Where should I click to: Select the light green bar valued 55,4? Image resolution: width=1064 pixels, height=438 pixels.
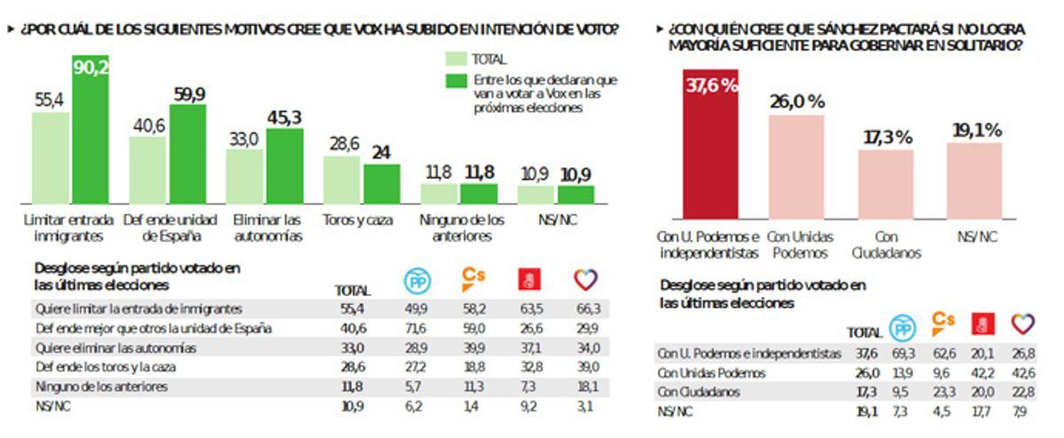point(51,158)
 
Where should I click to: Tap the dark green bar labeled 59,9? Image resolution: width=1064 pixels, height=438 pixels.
point(188,154)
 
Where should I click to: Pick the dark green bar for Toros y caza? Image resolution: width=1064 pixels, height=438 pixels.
point(382,184)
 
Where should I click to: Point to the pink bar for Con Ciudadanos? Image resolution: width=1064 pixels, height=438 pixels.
point(887,184)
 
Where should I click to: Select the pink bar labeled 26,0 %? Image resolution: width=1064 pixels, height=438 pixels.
point(796,167)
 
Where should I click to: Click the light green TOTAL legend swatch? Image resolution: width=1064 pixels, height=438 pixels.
point(456,59)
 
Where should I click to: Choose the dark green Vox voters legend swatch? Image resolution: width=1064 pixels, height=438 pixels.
point(456,81)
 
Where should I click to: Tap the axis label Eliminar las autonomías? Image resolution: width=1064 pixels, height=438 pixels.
point(267,228)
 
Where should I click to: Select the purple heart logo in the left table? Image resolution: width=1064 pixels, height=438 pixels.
point(585,280)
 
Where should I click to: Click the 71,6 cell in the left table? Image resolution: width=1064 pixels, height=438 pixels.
point(416,328)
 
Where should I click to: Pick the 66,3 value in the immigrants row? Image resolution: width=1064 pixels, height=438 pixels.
point(587,308)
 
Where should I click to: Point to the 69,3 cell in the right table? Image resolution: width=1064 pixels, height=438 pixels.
point(904,354)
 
